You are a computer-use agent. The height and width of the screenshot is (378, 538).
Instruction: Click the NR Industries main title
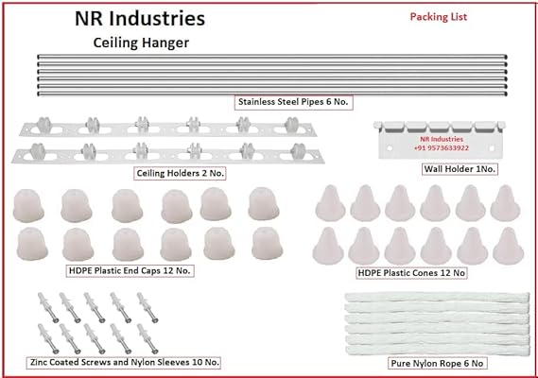pyautogui.click(x=140, y=19)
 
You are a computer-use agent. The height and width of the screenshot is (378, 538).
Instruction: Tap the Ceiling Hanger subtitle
pyautogui.click(x=141, y=43)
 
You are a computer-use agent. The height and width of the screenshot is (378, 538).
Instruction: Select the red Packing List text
pyautogui.click(x=439, y=17)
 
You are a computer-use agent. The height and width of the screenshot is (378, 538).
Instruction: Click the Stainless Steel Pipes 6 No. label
pyautogui.click(x=293, y=102)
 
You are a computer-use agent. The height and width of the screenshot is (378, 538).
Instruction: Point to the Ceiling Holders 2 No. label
pyautogui.click(x=180, y=173)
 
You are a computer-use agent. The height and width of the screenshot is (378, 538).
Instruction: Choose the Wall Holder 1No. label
pyautogui.click(x=460, y=169)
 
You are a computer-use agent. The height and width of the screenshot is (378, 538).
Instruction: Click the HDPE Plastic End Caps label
pyautogui.click(x=130, y=270)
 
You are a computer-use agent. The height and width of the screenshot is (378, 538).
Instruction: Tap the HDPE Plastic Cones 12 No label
pyautogui.click(x=411, y=273)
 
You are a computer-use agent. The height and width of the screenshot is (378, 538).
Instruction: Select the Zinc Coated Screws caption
pyautogui.click(x=123, y=362)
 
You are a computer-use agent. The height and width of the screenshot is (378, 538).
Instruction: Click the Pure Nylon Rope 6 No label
pyautogui.click(x=437, y=363)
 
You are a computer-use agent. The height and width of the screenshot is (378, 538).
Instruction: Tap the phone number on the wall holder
pyautogui.click(x=442, y=148)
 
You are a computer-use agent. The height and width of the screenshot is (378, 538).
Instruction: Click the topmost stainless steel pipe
pyautogui.click(x=272, y=57)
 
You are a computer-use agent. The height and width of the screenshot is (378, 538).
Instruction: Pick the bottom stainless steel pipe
pyautogui.click(x=272, y=94)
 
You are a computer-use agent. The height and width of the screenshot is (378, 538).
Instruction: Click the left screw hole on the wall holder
pyautogui.click(x=390, y=148)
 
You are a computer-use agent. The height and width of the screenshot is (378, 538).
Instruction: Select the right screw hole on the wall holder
pyautogui.click(x=492, y=148)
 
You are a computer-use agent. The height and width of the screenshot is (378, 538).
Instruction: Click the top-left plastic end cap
pyautogui.click(x=28, y=205)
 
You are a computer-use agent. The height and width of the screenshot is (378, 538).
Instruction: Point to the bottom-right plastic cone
pyautogui.click(x=508, y=246)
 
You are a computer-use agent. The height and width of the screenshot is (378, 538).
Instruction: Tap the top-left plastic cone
pyautogui.click(x=330, y=203)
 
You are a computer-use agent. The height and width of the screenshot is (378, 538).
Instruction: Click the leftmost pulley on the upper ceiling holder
pyautogui.click(x=44, y=125)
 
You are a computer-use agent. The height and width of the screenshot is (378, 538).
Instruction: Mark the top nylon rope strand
pyautogui.click(x=437, y=298)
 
